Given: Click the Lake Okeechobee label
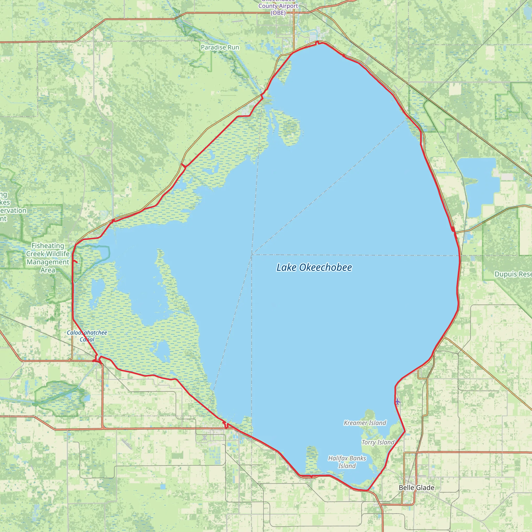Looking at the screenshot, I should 314,267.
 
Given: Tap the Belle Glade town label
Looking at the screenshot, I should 416,487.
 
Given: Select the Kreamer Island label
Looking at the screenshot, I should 365,423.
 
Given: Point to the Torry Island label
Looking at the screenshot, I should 378,442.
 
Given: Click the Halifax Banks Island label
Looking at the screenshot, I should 347,462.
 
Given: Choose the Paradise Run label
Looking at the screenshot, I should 220,47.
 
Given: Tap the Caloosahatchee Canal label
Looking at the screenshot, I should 87,336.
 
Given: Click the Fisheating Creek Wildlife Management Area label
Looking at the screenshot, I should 48,258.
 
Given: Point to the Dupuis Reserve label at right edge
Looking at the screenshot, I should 513,274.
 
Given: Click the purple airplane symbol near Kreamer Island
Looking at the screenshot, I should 397,402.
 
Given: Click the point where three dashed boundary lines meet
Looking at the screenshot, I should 252,254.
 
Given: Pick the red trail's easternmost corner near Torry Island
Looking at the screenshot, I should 405,431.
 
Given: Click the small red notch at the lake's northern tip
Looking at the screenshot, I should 318,42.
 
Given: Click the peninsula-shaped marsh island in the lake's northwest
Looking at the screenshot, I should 288,127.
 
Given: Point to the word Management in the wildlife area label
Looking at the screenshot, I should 48,262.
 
